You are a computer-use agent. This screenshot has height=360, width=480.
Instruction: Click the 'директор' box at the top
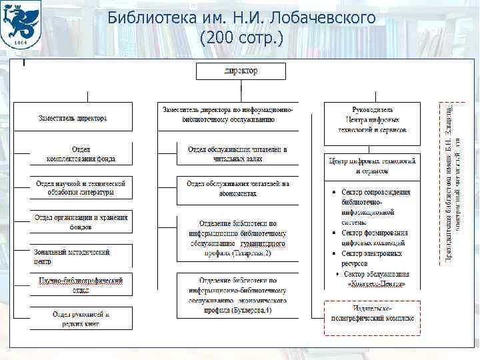point(241,71)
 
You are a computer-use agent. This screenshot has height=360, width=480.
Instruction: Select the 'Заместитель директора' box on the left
point(73,119)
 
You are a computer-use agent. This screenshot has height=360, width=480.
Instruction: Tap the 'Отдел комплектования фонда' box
point(81,154)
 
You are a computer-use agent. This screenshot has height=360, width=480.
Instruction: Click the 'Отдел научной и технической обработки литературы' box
point(81,188)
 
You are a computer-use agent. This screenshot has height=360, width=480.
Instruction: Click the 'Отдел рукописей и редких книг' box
point(81,318)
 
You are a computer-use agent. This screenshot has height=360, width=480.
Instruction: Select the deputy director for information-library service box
point(228,115)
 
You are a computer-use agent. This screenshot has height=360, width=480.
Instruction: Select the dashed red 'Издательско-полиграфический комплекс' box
point(373,314)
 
